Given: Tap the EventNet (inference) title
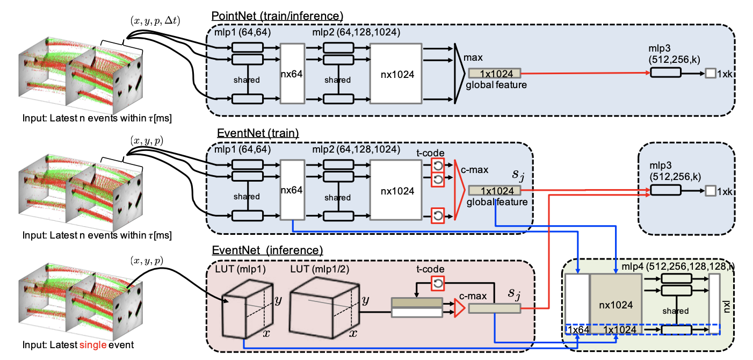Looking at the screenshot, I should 267,250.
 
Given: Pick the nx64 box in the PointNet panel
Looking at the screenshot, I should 293,74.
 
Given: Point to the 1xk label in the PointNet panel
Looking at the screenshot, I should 723,74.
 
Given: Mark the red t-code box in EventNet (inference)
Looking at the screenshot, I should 438,282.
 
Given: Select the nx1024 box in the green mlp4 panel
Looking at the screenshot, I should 616,303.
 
